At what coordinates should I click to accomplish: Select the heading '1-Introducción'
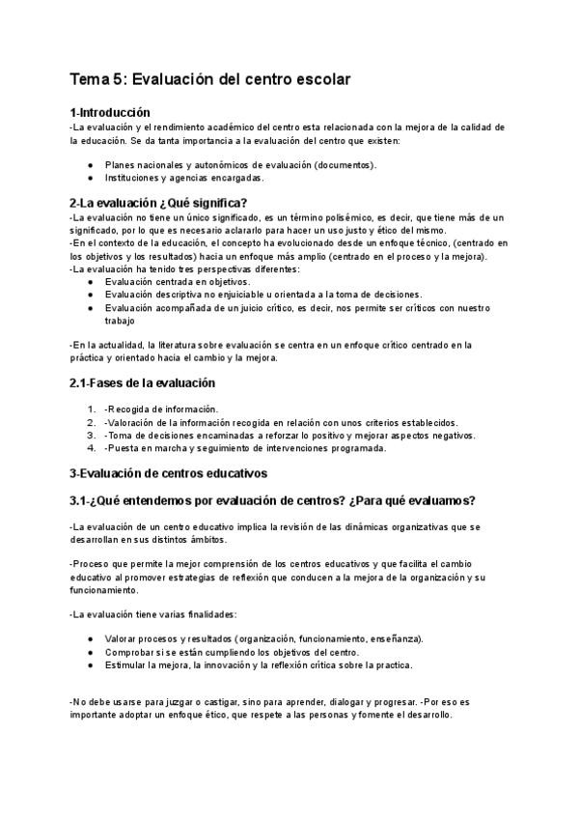pos(109,113)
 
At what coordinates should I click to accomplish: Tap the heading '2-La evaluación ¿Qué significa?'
pos(158,203)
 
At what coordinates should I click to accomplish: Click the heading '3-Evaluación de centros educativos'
pos(168,473)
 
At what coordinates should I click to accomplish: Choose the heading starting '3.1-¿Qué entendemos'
pos(271,500)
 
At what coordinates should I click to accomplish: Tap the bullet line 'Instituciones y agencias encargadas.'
pos(184,178)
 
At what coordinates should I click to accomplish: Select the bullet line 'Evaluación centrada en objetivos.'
pos(177,281)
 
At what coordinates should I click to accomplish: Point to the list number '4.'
pos(92,447)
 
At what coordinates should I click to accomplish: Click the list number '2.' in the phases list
pos(92,422)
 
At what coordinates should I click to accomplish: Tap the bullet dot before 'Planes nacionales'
pos(90,165)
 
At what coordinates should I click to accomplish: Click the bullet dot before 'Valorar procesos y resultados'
pos(90,639)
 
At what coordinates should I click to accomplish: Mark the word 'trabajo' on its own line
pos(121,320)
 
